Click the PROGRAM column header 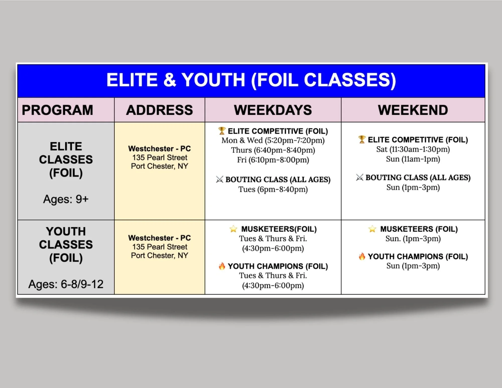[57, 110]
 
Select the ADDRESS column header [160, 110]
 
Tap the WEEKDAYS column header [273, 110]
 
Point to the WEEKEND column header [413, 110]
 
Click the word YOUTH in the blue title [213, 80]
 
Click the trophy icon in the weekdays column [222, 131]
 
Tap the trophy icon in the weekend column [362, 139]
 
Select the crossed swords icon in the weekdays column [219, 179]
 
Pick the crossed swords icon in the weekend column [359, 178]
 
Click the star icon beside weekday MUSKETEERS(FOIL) [233, 229]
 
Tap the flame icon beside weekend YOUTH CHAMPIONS [362, 256]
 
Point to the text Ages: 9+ [66, 199]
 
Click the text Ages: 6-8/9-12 [66, 284]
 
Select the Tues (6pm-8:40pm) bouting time [273, 189]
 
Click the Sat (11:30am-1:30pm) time [413, 149]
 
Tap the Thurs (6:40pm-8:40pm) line [273, 150]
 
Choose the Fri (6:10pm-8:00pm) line [273, 160]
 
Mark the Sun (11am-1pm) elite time [413, 159]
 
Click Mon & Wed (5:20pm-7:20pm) [273, 140]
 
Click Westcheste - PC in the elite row [160, 149]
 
